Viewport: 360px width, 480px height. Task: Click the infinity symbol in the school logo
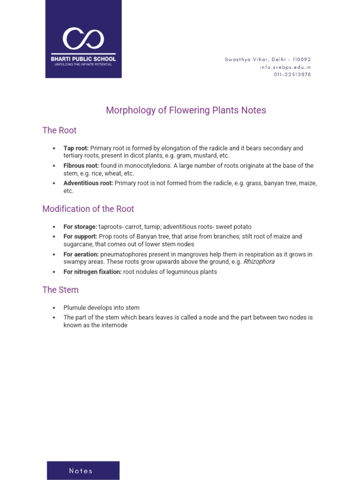pos(83,39)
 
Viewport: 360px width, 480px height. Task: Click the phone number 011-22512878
pos(292,75)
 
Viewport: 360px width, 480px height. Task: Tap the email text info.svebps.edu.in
pos(285,67)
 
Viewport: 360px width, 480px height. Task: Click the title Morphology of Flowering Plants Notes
pos(186,110)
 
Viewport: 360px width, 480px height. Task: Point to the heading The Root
pos(60,130)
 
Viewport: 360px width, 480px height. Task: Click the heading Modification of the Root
pos(88,209)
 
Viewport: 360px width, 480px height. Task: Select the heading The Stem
pos(60,290)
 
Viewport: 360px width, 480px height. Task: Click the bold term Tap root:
pos(76,148)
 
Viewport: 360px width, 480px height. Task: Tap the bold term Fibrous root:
pos(81,166)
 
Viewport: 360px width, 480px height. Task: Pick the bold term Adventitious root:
pos(88,183)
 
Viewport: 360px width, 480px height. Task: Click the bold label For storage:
pos(80,227)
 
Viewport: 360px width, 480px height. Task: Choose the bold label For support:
pos(80,237)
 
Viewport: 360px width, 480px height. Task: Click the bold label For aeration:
pos(81,255)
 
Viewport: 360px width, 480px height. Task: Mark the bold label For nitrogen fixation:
pos(92,272)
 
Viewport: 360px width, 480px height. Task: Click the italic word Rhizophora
pos(259,262)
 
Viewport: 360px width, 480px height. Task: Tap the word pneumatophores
pos(123,255)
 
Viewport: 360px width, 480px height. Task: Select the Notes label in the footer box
pos(81,471)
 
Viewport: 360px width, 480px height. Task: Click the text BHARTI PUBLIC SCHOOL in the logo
pos(83,59)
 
